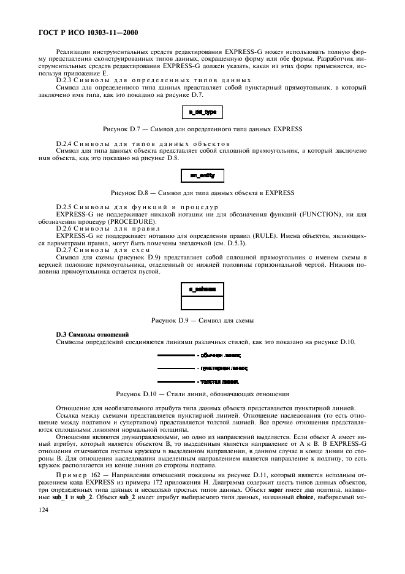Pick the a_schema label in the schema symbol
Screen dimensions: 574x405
coord(203,288)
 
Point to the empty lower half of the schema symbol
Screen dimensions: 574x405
coord(203,302)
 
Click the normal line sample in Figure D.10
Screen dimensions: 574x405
coord(175,355)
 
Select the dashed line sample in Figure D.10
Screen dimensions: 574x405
coord(175,368)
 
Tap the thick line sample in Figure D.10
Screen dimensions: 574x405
coord(175,381)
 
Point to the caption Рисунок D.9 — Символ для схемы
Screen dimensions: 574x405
coord(202,320)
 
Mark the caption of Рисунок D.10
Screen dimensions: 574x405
coord(202,393)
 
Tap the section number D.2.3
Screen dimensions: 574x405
coord(64,80)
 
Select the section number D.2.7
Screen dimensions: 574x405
coord(64,250)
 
